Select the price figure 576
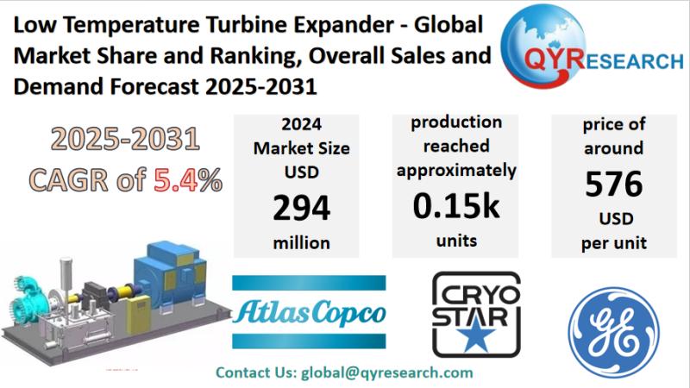613,184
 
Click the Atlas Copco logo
310,310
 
